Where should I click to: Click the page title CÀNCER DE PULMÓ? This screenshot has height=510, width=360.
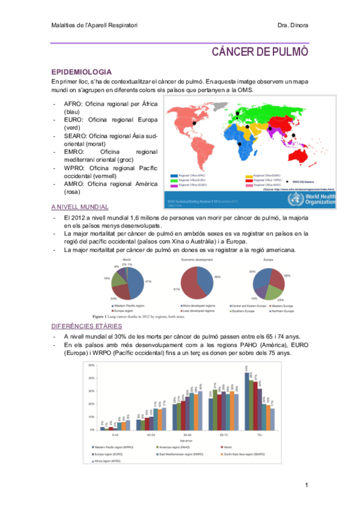(260, 52)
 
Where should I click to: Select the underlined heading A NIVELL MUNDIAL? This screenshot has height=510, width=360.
(79, 206)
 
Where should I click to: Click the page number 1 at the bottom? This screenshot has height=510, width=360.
(306, 485)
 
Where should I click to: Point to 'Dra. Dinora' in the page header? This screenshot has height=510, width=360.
(293, 25)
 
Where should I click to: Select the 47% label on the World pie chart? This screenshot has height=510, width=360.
(148, 281)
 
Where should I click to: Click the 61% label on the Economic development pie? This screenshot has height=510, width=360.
(177, 289)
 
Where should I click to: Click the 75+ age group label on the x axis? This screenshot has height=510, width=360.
(258, 434)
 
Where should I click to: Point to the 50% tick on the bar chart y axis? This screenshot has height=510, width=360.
(92, 365)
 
